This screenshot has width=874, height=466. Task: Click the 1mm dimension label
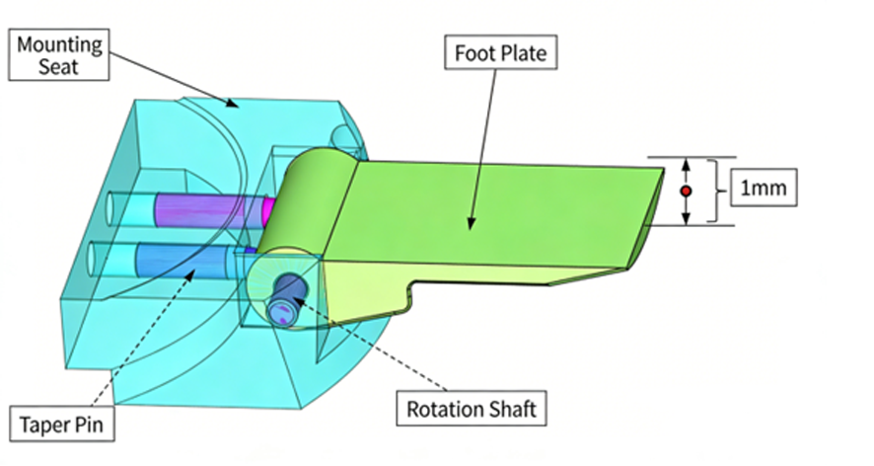tap(763, 188)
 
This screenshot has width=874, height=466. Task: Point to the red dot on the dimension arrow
tap(688, 191)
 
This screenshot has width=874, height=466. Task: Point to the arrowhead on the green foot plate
tap(471, 224)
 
